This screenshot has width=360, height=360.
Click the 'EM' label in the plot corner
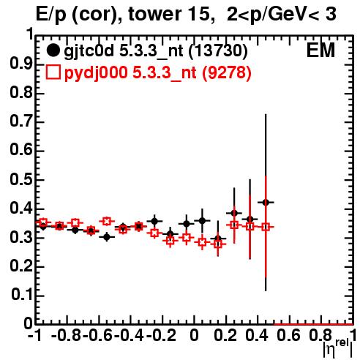pos(320,50)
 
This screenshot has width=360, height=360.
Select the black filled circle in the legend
pos(53,50)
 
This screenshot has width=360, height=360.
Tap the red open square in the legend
pos(53,72)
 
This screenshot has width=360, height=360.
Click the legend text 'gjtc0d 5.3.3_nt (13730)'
pos(156,51)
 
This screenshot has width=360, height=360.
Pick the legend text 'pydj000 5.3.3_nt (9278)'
pos(157,72)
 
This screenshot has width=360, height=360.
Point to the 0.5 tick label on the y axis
pos(21,180)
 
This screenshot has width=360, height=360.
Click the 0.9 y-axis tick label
pos(21,64)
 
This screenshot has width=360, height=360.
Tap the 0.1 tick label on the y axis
pos(22,295)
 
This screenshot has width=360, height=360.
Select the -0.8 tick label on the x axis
pos(67,335)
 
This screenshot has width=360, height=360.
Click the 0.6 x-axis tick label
pos(289,335)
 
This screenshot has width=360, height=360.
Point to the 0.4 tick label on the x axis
pos(257,335)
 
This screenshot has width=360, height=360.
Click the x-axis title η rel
pos(338,348)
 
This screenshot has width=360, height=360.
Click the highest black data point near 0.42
pos(266,202)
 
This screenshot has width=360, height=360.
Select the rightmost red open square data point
pos(266,227)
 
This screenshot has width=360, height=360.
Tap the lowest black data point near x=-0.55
pos(106,237)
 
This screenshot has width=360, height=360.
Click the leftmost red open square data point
pos(43,222)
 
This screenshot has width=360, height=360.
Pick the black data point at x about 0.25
pos(234,213)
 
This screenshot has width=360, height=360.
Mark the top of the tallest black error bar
pos(266,114)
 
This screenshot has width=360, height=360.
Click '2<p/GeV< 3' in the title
pos(282,14)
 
